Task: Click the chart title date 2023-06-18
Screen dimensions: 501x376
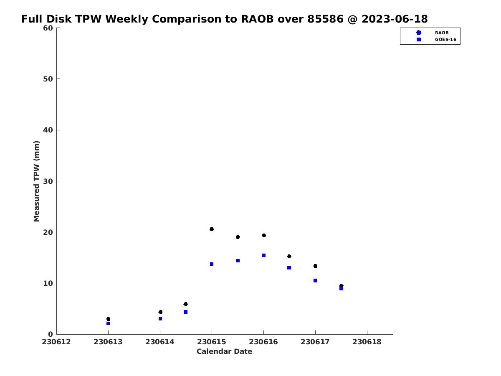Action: [395, 19]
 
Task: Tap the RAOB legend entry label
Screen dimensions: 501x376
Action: [442, 33]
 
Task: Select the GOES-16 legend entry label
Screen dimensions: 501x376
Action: [445, 40]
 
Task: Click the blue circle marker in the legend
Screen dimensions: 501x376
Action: [419, 33]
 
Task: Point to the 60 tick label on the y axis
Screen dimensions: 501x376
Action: [48, 28]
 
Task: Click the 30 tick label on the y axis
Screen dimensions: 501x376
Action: [48, 181]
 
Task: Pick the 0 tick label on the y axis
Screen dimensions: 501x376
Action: [51, 334]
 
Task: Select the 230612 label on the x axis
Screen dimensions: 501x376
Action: [56, 342]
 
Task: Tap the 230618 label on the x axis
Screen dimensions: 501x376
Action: [367, 342]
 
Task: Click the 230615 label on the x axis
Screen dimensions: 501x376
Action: [212, 342]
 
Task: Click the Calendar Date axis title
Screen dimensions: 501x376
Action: [224, 351]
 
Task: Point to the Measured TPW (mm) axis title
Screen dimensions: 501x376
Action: [36, 181]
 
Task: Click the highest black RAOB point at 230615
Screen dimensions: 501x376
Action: [212, 229]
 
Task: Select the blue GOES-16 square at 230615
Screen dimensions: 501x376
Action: [212, 264]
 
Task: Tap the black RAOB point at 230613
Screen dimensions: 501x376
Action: [108, 319]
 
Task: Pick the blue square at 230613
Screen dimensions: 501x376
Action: [108, 323]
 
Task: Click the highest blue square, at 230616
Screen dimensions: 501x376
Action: [264, 255]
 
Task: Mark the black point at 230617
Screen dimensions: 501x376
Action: [315, 266]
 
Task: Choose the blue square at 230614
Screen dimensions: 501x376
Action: [160, 319]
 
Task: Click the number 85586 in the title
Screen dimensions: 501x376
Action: [325, 19]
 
